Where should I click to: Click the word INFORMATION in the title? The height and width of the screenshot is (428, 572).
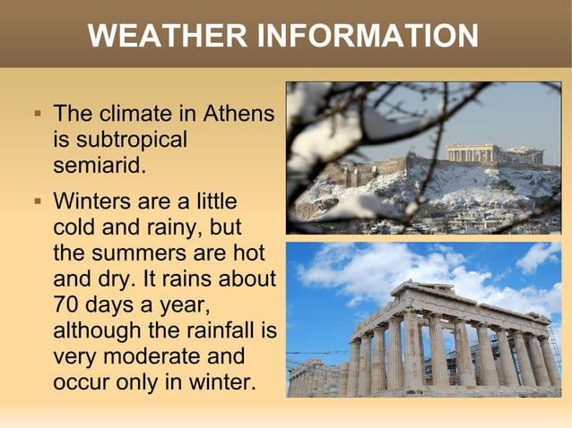coord(368,37)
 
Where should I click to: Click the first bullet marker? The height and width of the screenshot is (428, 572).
coord(38,116)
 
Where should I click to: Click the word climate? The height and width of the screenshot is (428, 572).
coord(148,116)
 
